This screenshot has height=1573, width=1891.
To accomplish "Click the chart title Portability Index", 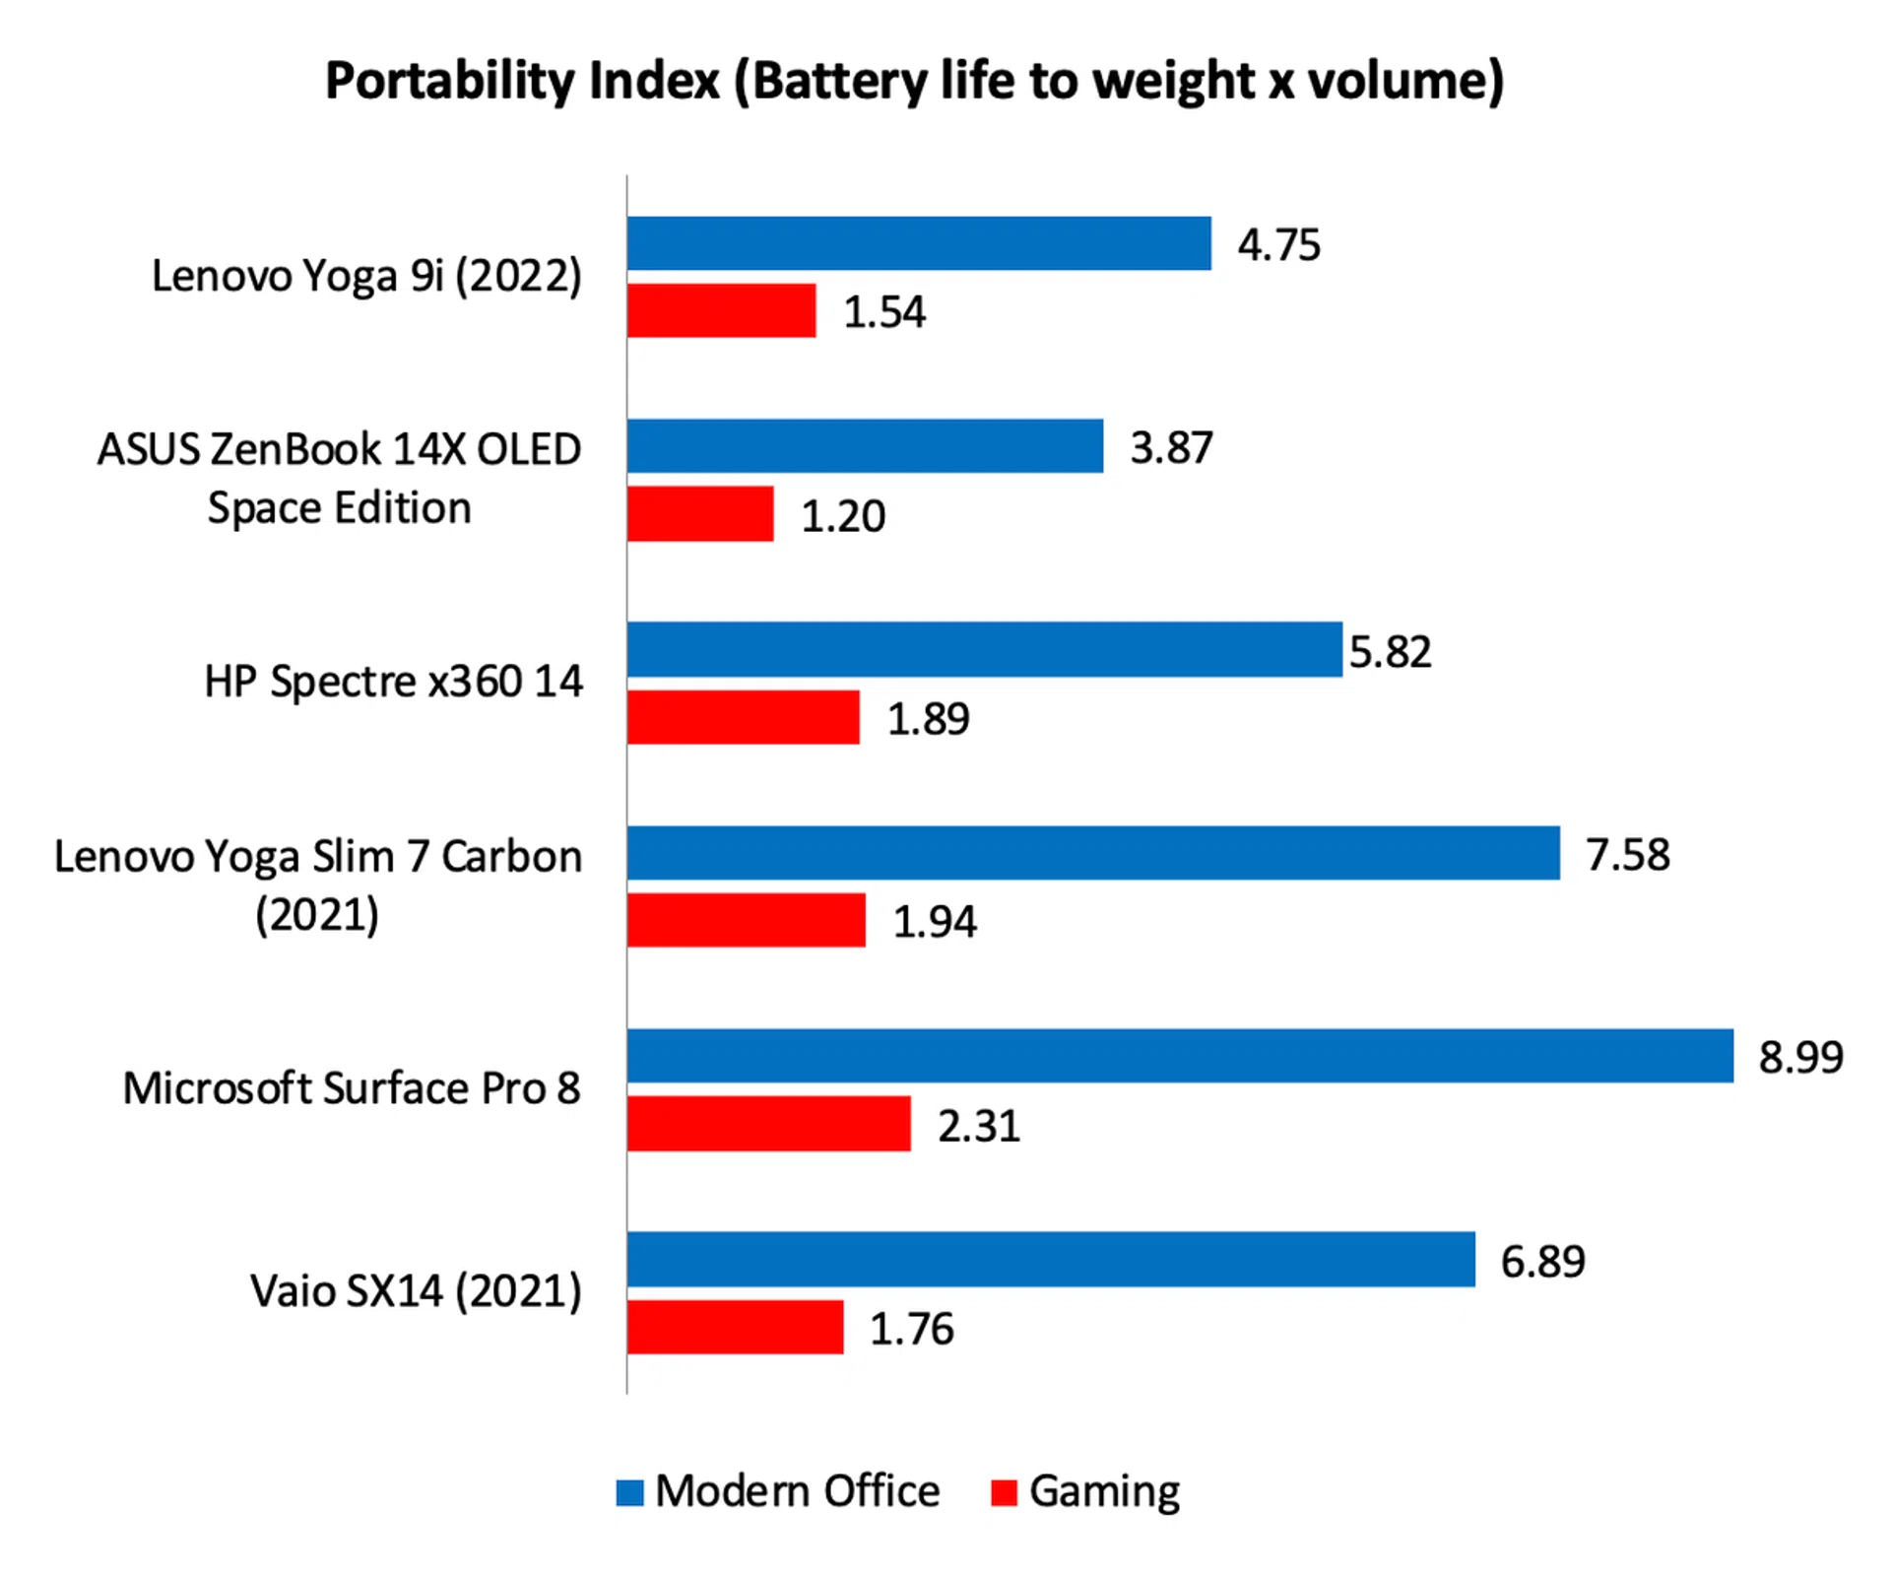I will (x=914, y=82).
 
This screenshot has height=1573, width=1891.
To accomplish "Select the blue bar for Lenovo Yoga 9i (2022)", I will (x=919, y=243).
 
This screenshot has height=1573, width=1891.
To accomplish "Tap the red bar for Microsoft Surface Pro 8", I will (x=769, y=1124).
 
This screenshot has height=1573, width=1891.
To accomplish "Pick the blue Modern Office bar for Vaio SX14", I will (x=1051, y=1259).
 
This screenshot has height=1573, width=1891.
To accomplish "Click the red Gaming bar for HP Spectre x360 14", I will (x=744, y=717).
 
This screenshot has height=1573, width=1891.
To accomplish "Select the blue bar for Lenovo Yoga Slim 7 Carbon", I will (x=1093, y=853).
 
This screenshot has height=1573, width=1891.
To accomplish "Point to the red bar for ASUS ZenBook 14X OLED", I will (x=700, y=514).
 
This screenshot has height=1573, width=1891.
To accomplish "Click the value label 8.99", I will (x=1800, y=1057).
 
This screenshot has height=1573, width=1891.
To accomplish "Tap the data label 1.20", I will (x=843, y=516).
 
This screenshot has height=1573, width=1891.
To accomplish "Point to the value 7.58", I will (x=1627, y=854).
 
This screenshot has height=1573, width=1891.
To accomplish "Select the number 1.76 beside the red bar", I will (x=911, y=1329).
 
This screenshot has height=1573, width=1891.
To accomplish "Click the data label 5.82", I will (x=1390, y=651).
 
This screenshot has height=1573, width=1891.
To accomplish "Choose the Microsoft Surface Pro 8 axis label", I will (x=352, y=1088).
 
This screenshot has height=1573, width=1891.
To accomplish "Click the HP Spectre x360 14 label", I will (x=393, y=682).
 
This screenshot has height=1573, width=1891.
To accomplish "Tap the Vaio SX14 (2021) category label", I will (x=416, y=1291).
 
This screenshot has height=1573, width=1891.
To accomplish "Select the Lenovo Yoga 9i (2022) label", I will (x=366, y=276).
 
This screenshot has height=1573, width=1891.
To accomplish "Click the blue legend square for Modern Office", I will (x=629, y=1492).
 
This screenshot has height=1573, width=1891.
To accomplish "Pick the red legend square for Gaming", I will (x=1003, y=1492).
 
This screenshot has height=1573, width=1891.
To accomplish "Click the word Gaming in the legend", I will (x=1104, y=1492).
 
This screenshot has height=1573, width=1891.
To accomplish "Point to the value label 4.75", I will (x=1278, y=245).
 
